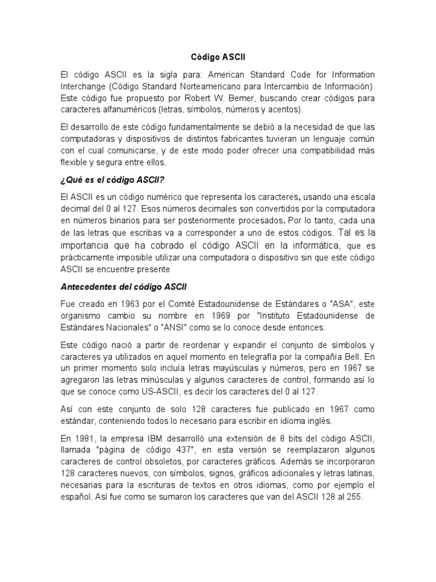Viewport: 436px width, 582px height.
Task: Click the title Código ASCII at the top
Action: [217, 57]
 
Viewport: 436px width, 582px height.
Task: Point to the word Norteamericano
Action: [189, 86]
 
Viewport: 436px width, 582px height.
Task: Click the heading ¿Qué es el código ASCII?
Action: [112, 181]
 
